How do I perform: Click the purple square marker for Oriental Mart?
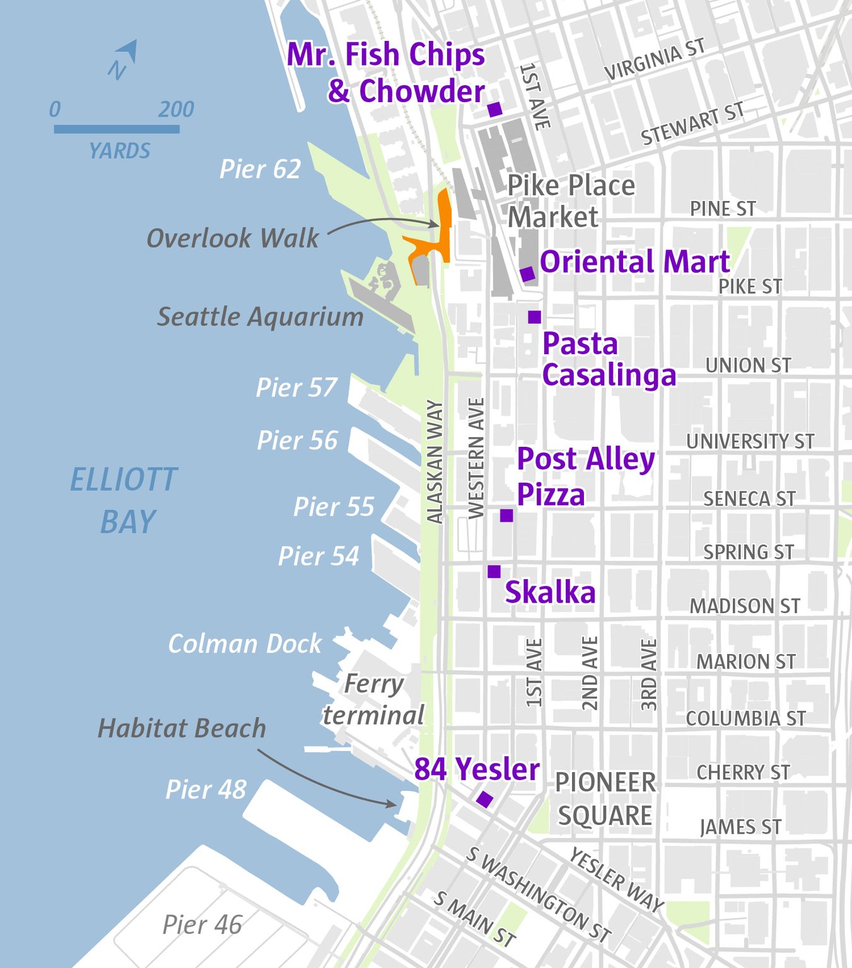click(527, 274)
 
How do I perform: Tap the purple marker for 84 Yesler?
click(484, 799)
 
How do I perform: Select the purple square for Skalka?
click(494, 572)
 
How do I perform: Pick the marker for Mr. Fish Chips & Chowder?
click(494, 110)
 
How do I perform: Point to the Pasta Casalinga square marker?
click(534, 317)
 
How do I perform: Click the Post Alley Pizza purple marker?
click(506, 516)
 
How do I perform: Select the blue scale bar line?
click(117, 129)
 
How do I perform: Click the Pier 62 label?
click(260, 169)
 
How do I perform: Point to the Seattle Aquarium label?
click(260, 316)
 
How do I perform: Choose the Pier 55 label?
click(334, 507)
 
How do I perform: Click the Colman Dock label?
click(245, 643)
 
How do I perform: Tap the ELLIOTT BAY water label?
click(124, 500)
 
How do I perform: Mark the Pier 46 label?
click(202, 925)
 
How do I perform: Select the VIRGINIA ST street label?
click(654, 60)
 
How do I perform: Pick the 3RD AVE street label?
click(649, 674)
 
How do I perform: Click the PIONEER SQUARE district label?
click(605, 798)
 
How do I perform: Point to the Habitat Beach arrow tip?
click(395, 804)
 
